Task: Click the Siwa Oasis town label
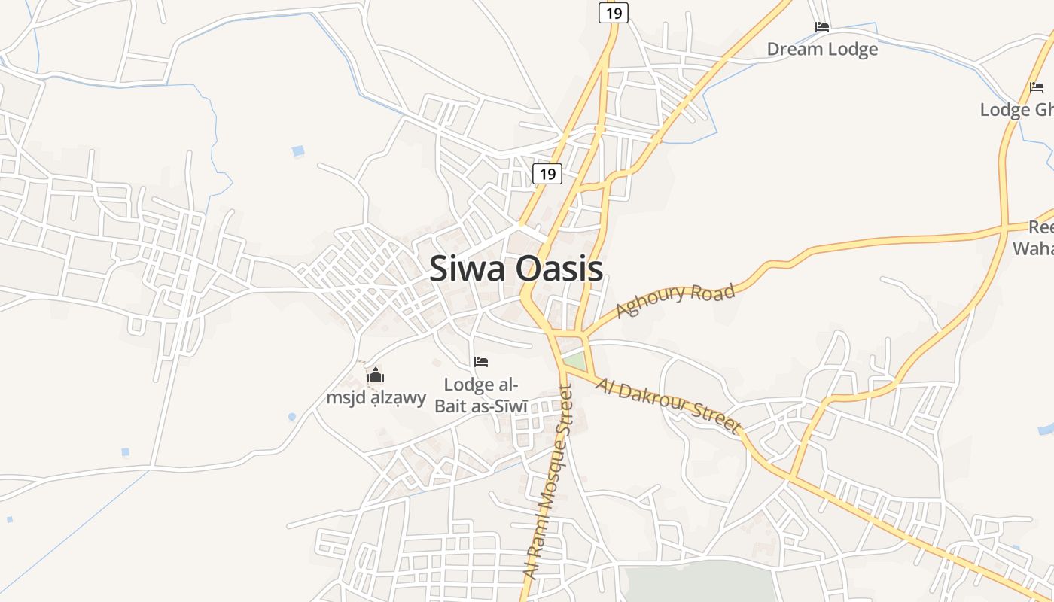[x=516, y=269]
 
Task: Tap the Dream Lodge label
[x=822, y=50]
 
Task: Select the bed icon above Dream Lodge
[x=822, y=27]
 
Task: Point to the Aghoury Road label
[x=675, y=300]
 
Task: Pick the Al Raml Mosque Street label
[x=547, y=482]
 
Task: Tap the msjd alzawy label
[x=376, y=398]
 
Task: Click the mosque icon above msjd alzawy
[x=376, y=375]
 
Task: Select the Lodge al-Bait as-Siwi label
[x=481, y=395]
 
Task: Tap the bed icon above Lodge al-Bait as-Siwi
[x=481, y=362]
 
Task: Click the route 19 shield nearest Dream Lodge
[x=614, y=13]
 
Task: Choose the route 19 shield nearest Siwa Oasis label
[x=547, y=174]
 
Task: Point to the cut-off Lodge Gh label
[x=1016, y=110]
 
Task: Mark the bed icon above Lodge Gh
[x=1037, y=87]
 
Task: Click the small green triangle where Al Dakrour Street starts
[x=574, y=360]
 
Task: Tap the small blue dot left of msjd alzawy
[x=292, y=416]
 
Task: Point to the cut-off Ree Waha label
[x=1036, y=238]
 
